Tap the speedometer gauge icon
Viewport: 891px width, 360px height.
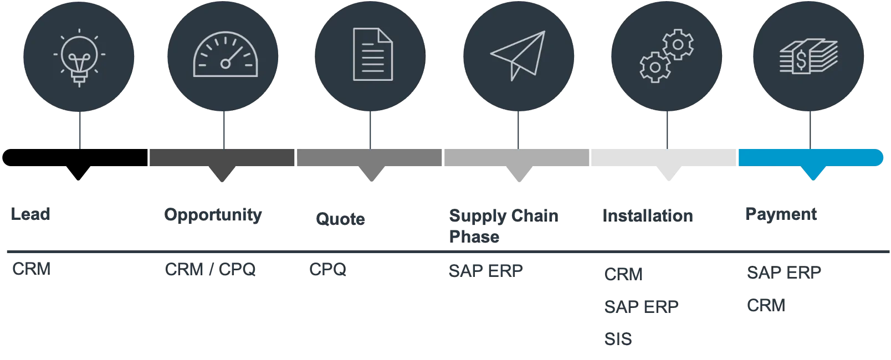225,55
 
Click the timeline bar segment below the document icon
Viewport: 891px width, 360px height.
370,157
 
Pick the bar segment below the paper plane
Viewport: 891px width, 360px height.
516,157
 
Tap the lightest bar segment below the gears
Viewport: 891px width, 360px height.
664,157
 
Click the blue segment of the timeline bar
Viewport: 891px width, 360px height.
810,157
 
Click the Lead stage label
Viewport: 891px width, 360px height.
31,214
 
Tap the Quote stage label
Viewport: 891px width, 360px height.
341,219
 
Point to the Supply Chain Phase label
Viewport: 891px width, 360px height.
503,225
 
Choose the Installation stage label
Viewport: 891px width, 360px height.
648,215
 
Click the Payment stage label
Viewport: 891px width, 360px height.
781,214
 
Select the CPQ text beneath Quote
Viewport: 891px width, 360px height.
328,271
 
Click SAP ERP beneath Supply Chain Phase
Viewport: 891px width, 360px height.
485,271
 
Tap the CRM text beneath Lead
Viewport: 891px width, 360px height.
32,270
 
